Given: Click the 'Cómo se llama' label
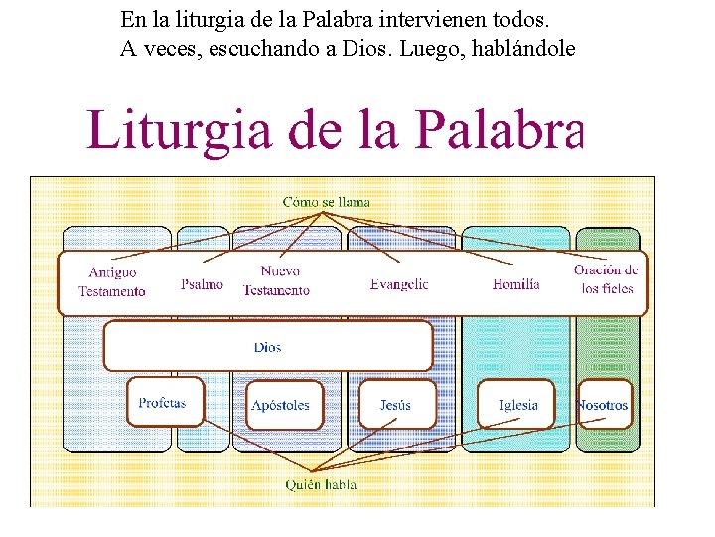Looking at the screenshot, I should click(x=327, y=202).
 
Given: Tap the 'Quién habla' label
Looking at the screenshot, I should click(x=321, y=485).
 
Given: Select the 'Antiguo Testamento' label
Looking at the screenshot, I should click(x=112, y=281).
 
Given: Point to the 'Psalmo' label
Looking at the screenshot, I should click(x=203, y=284).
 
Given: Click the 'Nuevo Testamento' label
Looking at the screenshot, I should click(x=277, y=280).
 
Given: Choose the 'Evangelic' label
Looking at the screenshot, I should click(x=399, y=284).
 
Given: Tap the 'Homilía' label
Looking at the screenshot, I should click(x=516, y=284).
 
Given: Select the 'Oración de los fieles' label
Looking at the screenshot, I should click(x=606, y=279).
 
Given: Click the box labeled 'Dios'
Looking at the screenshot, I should click(x=268, y=347).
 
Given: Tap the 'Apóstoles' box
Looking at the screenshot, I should click(x=281, y=405).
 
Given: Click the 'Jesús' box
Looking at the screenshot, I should click(x=395, y=405).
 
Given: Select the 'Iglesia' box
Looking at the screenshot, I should click(x=518, y=405).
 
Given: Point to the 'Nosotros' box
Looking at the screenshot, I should click(x=603, y=405).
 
